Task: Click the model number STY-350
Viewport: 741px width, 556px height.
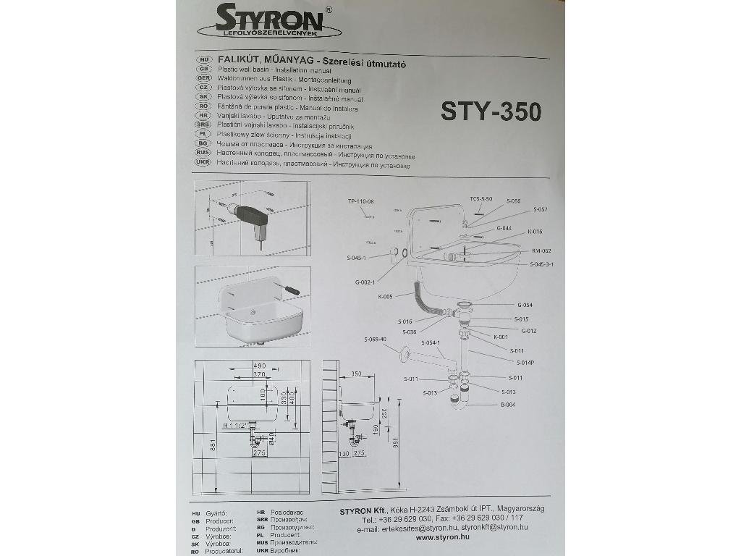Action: point(491,111)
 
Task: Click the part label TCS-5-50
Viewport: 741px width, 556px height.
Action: point(480,198)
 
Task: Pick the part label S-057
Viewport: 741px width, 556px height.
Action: point(541,209)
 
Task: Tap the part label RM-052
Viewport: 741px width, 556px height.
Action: point(541,250)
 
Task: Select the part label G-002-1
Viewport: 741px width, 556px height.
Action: point(365,281)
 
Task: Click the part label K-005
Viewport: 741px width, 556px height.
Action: point(384,296)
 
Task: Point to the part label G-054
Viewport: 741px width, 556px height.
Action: point(525,305)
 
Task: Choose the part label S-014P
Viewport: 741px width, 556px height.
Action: point(525,362)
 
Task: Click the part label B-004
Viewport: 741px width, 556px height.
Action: point(507,405)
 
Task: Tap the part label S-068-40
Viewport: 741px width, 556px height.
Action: point(376,339)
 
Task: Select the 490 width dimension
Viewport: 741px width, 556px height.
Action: point(259,366)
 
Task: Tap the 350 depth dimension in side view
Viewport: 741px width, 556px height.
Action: point(356,374)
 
